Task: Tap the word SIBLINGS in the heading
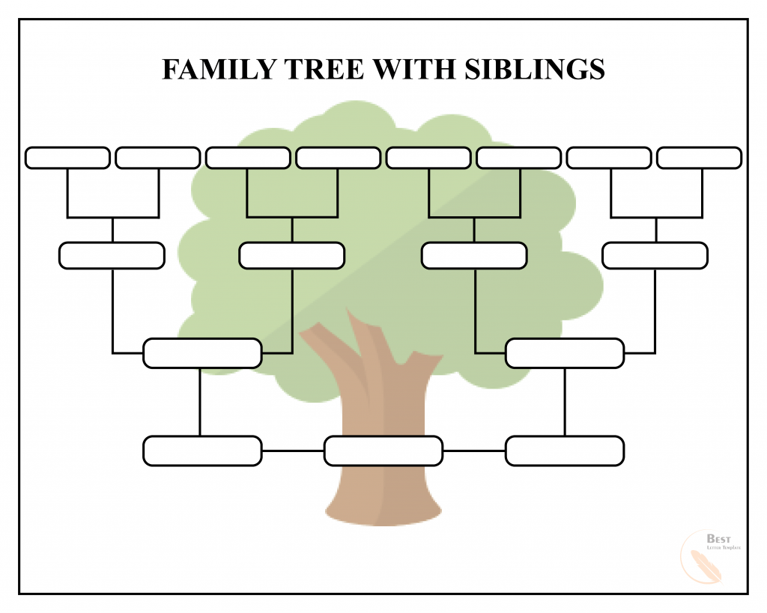click(534, 70)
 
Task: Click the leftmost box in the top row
click(67, 158)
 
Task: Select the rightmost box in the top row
click(699, 158)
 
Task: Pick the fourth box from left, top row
click(338, 158)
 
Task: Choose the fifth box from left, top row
click(428, 158)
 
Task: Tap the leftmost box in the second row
click(112, 255)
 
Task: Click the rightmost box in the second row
click(655, 255)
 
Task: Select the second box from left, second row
click(291, 255)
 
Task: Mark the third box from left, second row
click(474, 255)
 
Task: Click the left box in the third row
click(202, 353)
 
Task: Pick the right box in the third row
click(565, 353)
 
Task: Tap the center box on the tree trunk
click(383, 451)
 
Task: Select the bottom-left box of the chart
click(202, 451)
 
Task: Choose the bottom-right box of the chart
click(565, 451)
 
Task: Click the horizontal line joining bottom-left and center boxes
click(293, 451)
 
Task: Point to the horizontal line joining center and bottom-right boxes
click(474, 451)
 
